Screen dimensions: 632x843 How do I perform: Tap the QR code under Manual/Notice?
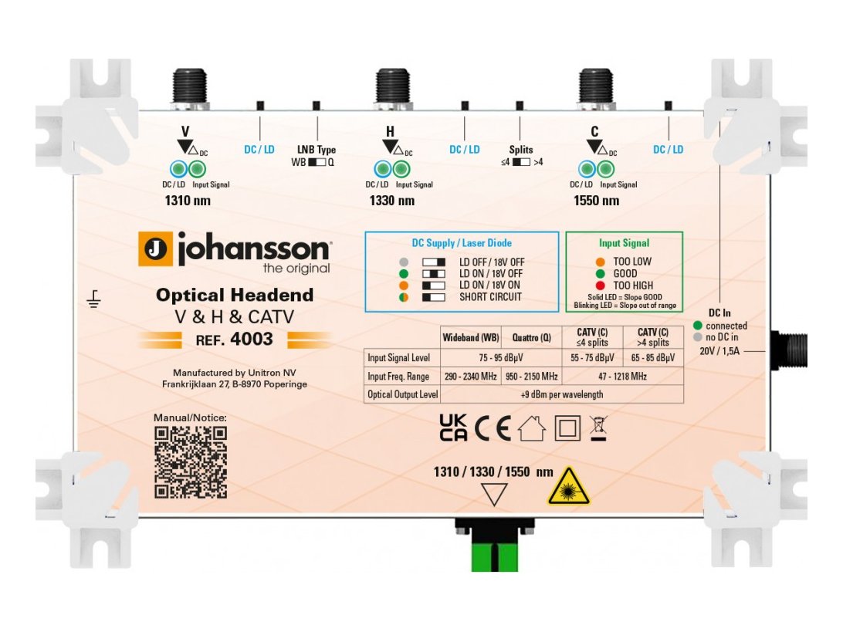[x=191, y=461]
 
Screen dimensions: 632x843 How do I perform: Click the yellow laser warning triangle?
[x=568, y=486]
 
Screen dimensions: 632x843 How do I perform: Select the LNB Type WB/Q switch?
[x=317, y=163]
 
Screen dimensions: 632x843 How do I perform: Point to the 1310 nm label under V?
[x=188, y=201]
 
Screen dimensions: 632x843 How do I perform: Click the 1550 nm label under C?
[x=596, y=201]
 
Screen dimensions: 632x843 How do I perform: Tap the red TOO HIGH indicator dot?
[x=600, y=286]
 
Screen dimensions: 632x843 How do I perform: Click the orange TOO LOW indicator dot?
[x=600, y=262]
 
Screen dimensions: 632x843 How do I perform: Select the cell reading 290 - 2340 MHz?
[x=470, y=376]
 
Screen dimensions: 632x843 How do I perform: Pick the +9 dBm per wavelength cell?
[x=561, y=394]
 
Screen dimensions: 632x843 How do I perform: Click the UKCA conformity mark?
[x=452, y=428]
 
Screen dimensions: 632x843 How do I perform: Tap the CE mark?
[x=493, y=428]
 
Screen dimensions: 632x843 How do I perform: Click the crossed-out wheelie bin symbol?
[x=598, y=428]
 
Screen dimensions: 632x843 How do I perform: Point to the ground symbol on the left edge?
[x=94, y=299]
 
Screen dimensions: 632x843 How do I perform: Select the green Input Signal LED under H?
[x=401, y=169]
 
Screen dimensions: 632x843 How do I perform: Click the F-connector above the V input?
[x=188, y=86]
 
